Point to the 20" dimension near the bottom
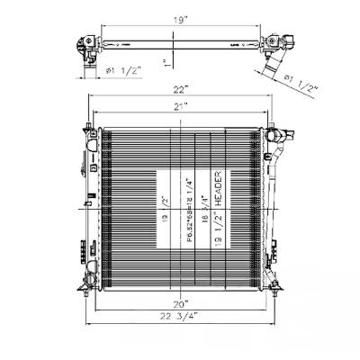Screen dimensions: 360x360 (182, 302)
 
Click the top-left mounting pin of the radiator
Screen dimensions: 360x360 (94, 123)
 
